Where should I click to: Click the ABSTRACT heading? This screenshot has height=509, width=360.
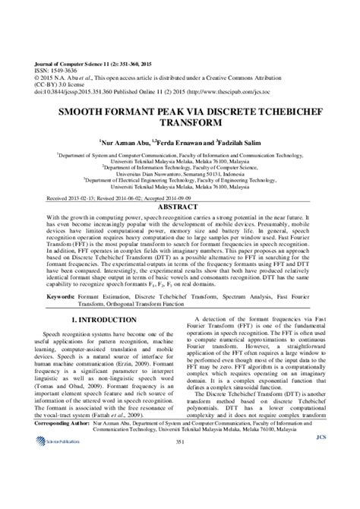[179, 206]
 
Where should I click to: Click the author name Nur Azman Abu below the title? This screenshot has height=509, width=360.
[125, 141]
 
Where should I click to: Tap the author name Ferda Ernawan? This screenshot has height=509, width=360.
[178, 141]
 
